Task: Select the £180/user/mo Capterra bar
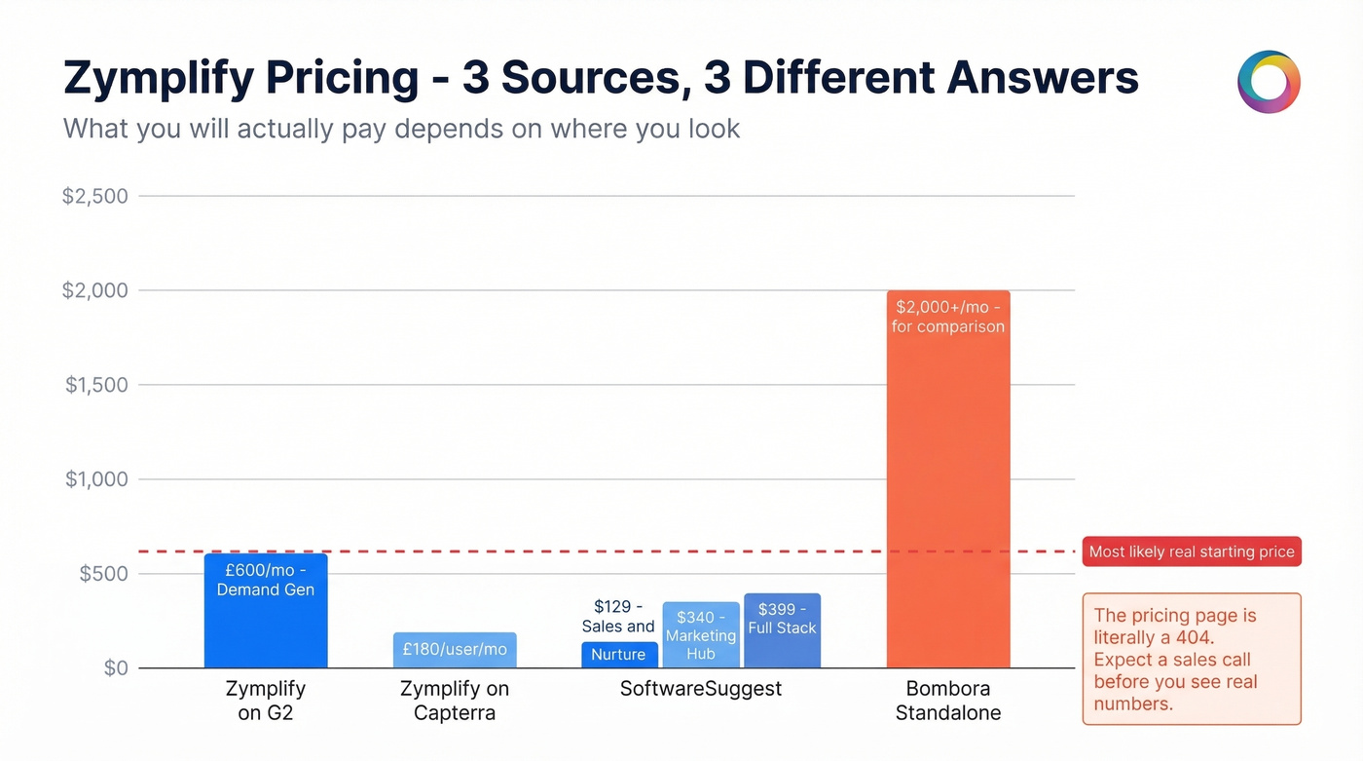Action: (x=455, y=650)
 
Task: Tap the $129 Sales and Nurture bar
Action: (x=619, y=655)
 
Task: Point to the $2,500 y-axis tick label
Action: (x=95, y=197)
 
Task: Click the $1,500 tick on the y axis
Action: (x=96, y=385)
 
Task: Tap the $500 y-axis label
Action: (x=103, y=574)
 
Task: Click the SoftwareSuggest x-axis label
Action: (x=701, y=689)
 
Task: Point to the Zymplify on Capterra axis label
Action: (x=455, y=701)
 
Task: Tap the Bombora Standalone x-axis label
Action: (x=948, y=701)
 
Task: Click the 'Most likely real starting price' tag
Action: (x=1192, y=552)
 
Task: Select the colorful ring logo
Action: (x=1269, y=82)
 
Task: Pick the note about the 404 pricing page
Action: (x=1192, y=659)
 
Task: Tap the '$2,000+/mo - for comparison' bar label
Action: (x=948, y=317)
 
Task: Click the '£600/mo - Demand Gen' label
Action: (x=266, y=580)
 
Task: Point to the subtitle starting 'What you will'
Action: (x=401, y=128)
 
